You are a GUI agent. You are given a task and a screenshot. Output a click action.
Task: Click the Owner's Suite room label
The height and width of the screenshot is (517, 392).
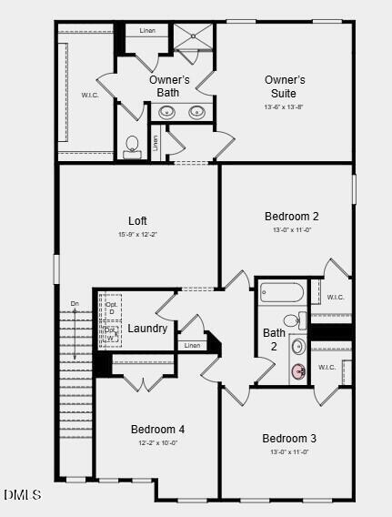(285, 86)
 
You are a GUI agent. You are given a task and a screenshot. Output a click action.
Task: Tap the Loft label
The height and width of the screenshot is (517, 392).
(137, 220)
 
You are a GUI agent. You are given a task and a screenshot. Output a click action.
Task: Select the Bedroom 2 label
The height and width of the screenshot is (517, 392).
(291, 217)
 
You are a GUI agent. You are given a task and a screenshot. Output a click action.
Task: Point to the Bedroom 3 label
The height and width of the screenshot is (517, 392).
(289, 439)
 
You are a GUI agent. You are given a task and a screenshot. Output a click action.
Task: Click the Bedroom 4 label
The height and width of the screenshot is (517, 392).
(157, 430)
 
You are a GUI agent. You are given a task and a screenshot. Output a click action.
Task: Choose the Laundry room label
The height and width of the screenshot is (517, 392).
(147, 329)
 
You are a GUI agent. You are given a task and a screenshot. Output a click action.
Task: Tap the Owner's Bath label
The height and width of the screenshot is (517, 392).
(170, 86)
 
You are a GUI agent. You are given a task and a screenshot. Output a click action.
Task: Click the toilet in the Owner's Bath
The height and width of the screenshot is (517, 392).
(133, 146)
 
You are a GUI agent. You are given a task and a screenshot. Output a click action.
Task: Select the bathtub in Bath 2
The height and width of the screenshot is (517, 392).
(281, 292)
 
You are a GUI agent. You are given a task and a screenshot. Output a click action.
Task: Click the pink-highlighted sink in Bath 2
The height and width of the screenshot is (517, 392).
(298, 370)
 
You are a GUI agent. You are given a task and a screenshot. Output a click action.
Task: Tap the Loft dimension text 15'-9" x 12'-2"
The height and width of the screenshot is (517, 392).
(137, 235)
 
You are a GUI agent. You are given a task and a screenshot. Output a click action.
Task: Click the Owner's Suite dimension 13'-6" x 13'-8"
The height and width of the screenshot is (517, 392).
(285, 107)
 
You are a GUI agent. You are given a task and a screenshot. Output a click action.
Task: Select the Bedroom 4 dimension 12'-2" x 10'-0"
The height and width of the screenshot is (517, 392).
(157, 443)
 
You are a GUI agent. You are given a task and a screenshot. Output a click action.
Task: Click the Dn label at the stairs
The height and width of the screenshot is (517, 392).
(75, 303)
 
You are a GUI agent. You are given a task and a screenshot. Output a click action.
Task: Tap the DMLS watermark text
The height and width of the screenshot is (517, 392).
(23, 495)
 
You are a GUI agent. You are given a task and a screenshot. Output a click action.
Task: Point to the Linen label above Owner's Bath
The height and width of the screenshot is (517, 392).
(147, 31)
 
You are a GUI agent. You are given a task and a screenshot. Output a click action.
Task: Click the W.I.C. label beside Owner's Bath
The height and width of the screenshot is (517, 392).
(89, 95)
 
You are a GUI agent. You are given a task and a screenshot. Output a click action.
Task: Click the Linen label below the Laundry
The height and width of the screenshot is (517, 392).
(192, 346)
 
